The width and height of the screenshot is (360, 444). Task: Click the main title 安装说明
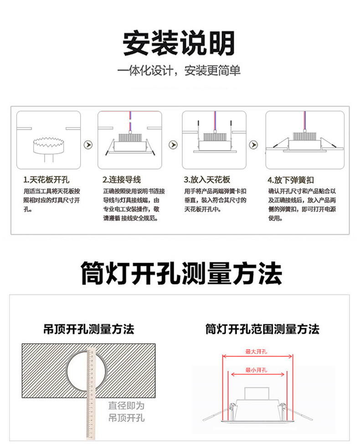179,43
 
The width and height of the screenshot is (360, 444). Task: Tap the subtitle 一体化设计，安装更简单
179,71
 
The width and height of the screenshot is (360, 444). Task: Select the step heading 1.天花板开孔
46,180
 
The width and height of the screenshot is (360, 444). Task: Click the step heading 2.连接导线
122,180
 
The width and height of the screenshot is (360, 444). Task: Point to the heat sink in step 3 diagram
214,137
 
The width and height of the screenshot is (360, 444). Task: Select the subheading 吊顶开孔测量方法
89,329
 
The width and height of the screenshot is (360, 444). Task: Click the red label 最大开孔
256,351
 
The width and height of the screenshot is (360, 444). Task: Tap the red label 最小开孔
256,370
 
